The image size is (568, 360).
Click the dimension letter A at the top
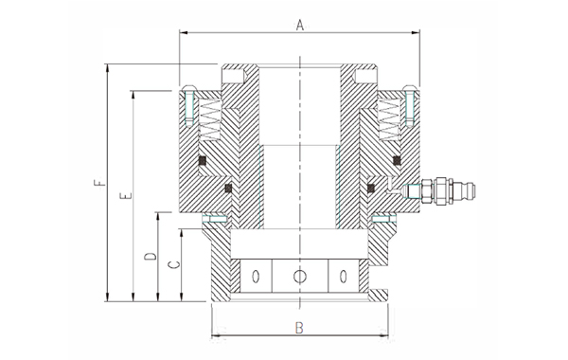[x=299, y=26]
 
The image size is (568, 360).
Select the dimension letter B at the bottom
[x=299, y=328]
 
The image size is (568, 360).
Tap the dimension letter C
[x=175, y=264]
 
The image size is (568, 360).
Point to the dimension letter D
[x=151, y=257]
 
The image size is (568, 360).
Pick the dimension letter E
[x=126, y=196]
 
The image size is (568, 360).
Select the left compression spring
[x=210, y=118]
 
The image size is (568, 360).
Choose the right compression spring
[x=389, y=118]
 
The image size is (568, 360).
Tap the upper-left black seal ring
[x=203, y=160]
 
